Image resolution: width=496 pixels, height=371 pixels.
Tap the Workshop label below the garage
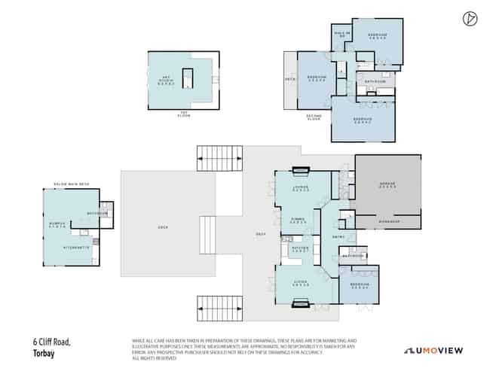pyautogui.click(x=387, y=222)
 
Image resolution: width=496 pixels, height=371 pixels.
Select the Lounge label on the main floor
pyautogui.click(x=301, y=188)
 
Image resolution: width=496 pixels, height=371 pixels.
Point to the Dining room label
pyautogui.click(x=299, y=221)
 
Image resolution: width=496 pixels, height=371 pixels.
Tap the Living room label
pyautogui.click(x=301, y=284)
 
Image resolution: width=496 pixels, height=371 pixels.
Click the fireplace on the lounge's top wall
pyautogui.click(x=301, y=169)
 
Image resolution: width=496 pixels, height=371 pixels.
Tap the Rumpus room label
pyautogui.click(x=57, y=224)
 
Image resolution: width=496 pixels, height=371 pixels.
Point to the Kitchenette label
pyautogui.click(x=77, y=247)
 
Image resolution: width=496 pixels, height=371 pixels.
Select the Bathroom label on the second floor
pyautogui.click(x=375, y=81)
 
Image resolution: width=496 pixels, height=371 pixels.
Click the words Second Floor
pyautogui.click(x=314, y=117)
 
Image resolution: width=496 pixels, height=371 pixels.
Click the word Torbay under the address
pyautogui.click(x=42, y=352)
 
